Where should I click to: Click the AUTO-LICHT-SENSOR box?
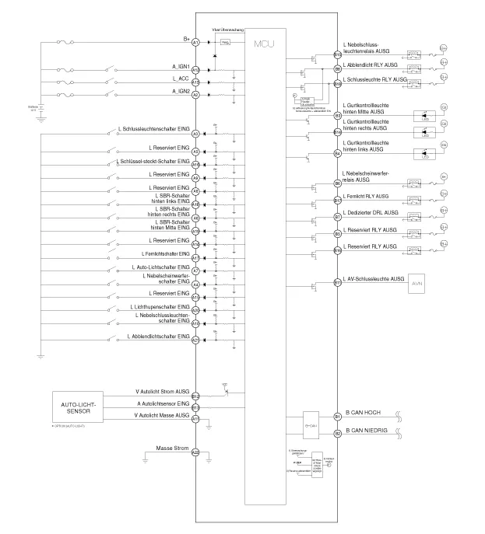coord(83,407)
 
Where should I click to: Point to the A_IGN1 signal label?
coord(181,66)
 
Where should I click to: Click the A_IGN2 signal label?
coord(181,92)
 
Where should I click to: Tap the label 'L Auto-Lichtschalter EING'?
coord(163,267)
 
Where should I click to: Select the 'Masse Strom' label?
coord(173,448)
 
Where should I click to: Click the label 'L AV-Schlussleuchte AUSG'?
coord(374,278)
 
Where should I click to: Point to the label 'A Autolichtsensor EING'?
coord(162,404)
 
